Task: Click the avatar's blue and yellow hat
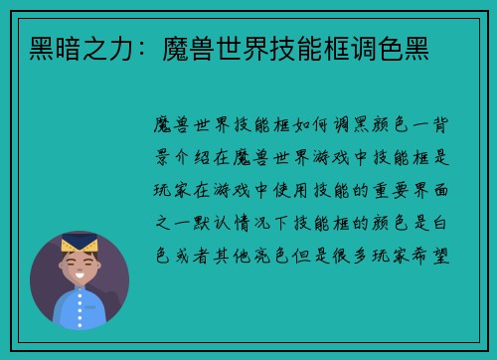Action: pyautogui.click(x=79, y=242)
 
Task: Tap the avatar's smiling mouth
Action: pyautogui.click(x=80, y=276)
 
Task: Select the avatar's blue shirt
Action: pyautogui.click(x=79, y=309)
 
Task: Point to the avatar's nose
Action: pyautogui.click(x=80, y=267)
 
